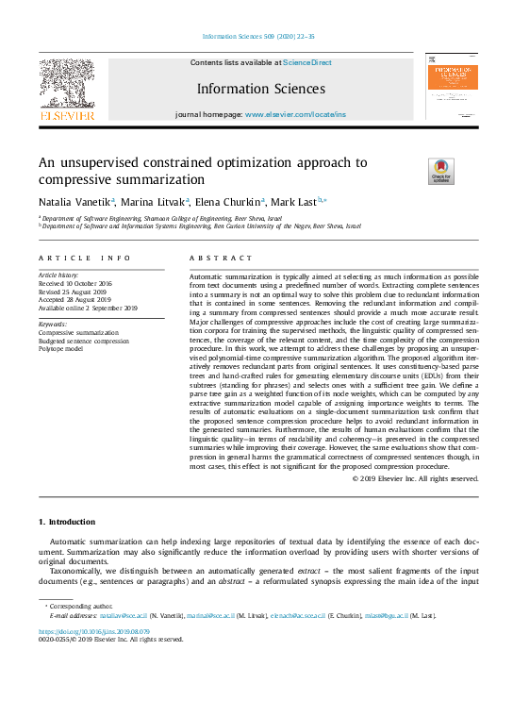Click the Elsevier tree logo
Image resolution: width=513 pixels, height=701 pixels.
[66, 88]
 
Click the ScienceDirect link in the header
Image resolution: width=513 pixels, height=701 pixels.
[308, 62]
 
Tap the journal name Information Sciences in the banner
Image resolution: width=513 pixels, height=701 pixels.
[261, 90]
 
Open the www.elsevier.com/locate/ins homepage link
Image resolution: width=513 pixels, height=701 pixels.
[295, 114]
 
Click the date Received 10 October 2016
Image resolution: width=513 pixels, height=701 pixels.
[76, 283]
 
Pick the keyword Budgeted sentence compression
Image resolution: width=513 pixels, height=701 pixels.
[83, 340]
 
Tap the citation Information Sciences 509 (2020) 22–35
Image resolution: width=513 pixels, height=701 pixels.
[258, 36]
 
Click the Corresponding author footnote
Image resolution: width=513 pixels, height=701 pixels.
[82, 608]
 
